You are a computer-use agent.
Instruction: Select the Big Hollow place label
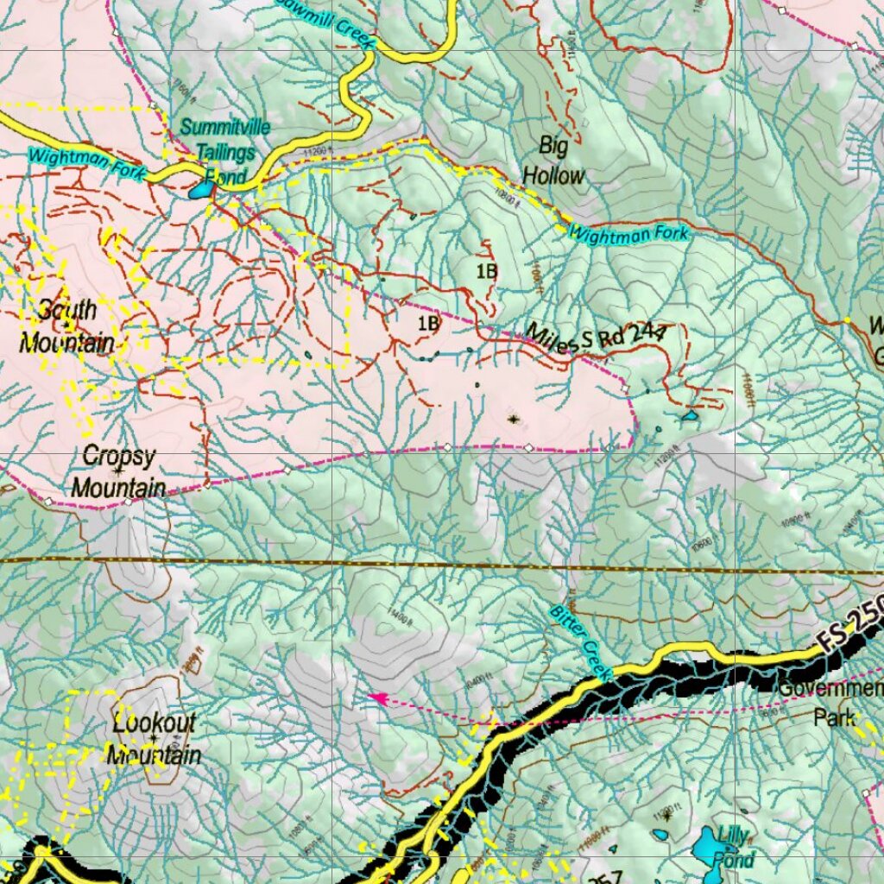coord(553,161)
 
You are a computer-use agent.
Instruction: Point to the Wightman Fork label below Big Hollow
coord(629,233)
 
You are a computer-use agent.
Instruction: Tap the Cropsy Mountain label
coord(118,471)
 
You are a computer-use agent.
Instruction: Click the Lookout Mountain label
coord(154,739)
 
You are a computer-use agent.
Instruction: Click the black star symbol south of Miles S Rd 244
coord(514,420)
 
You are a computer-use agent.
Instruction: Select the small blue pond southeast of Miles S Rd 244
coord(689,416)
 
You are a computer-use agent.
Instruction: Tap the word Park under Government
coord(834,717)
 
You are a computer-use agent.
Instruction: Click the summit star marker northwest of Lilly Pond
coord(666,814)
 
